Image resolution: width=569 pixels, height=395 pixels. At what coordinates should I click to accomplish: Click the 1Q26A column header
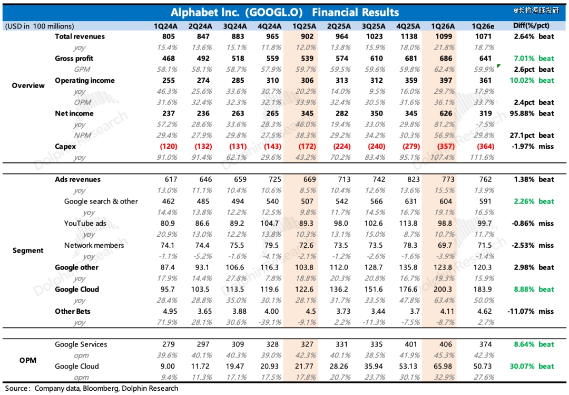(x=446, y=26)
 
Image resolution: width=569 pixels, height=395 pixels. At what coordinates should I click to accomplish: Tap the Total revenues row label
(x=80, y=36)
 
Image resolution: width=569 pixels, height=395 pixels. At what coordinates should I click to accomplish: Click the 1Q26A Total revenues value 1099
(x=446, y=36)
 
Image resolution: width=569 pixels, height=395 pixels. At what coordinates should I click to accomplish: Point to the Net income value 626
(x=446, y=113)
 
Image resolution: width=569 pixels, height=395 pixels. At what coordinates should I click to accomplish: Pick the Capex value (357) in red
(x=446, y=146)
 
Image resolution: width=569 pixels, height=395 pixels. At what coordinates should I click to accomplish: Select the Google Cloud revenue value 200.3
(x=446, y=289)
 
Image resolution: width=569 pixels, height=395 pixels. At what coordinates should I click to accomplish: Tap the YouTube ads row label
(x=85, y=223)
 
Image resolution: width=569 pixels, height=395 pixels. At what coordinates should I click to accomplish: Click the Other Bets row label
(x=73, y=311)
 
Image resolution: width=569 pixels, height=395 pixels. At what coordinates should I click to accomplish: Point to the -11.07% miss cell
(x=531, y=311)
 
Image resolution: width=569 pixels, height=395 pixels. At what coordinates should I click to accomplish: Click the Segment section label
(x=28, y=251)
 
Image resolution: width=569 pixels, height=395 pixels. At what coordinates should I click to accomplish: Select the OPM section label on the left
(x=28, y=360)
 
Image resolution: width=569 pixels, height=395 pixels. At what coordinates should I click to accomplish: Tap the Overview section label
(x=28, y=85)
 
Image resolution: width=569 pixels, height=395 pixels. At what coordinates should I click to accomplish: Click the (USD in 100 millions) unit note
(x=40, y=26)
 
